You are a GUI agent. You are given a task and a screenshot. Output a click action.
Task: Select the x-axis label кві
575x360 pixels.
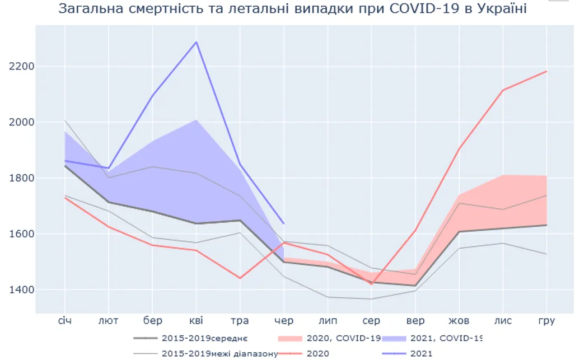click(x=197, y=321)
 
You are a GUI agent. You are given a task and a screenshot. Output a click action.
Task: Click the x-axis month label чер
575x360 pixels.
click(x=284, y=321)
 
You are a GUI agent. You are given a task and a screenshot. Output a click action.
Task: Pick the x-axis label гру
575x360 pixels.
click(x=546, y=321)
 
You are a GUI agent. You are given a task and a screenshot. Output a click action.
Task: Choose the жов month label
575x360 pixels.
click(x=459, y=321)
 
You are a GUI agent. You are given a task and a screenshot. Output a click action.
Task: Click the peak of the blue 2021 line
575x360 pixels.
click(x=197, y=42)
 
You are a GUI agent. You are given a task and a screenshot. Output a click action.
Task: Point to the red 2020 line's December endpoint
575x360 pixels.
click(x=546, y=71)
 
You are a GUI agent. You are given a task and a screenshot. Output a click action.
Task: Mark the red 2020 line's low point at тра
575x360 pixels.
click(x=240, y=278)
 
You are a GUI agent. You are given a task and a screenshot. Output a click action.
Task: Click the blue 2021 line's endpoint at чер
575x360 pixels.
click(x=284, y=224)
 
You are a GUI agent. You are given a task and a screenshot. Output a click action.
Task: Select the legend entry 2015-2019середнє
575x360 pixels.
click(x=204, y=339)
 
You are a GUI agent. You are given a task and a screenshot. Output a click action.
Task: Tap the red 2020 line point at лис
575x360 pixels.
click(x=502, y=90)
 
